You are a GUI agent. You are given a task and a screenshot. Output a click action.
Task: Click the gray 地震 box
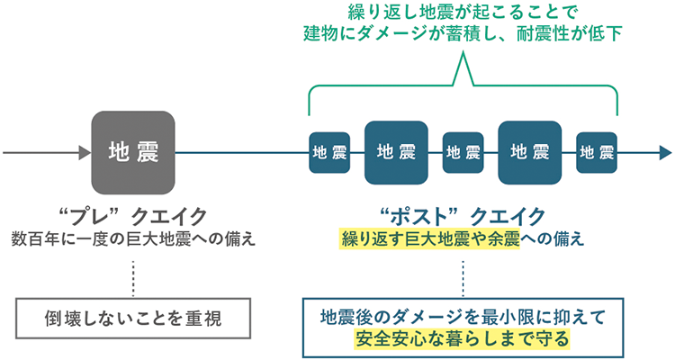(x=133, y=151)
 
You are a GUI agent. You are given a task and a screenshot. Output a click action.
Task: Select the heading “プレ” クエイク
(x=132, y=216)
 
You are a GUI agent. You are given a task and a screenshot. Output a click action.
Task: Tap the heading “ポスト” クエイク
(x=463, y=216)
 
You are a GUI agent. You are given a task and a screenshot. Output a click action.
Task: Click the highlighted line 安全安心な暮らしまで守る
(x=462, y=340)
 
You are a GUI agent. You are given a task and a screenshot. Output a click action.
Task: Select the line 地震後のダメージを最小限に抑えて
(x=462, y=317)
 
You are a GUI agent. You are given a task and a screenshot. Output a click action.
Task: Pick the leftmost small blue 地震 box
(x=329, y=152)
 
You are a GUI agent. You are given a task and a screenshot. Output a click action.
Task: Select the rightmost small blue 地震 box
(x=597, y=152)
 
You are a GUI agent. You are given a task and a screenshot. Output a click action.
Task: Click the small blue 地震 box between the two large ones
(x=463, y=152)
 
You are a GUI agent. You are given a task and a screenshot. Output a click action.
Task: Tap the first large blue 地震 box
(x=396, y=151)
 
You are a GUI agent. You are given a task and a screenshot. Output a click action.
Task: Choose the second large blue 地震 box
(x=530, y=151)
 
